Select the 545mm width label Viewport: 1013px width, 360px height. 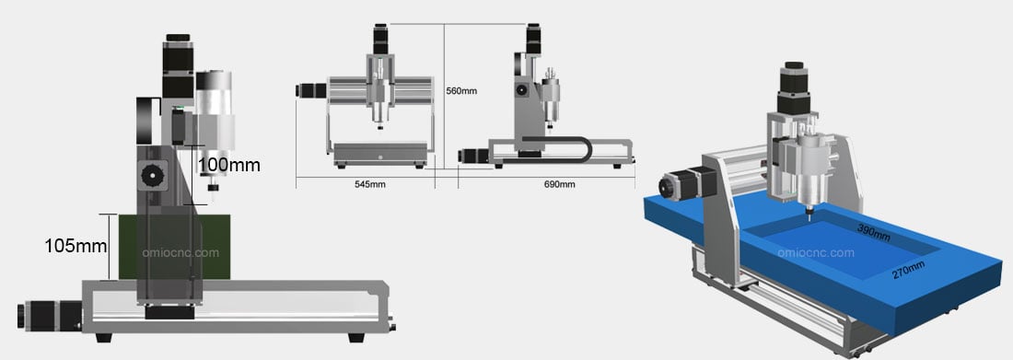370,184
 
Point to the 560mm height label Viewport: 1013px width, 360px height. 461,91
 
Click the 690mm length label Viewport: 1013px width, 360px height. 560,184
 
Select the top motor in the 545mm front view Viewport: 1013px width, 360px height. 378,38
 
